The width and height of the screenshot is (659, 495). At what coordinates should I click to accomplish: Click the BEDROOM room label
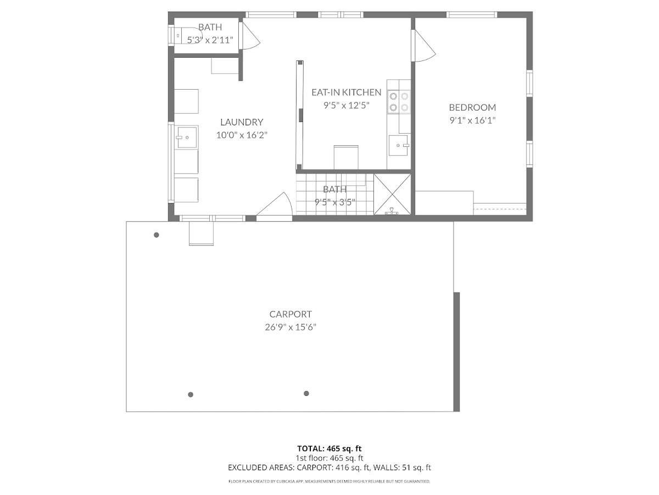coord(472,107)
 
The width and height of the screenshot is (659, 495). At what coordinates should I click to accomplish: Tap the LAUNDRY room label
coord(242,122)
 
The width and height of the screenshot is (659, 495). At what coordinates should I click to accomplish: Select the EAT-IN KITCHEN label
coord(346,92)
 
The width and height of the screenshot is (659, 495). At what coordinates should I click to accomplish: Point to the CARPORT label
coord(291,314)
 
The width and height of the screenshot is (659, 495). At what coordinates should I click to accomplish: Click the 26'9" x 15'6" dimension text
coord(291,327)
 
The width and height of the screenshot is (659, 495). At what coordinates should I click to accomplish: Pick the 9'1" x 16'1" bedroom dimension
coord(472,120)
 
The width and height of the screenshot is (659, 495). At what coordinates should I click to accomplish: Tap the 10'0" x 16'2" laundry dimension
coord(242,135)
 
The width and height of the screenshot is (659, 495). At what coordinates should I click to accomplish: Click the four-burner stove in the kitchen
coord(399,102)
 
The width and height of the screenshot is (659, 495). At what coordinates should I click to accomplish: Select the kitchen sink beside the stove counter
coord(399,145)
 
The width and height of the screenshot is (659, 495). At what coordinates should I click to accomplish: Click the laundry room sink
coord(186,137)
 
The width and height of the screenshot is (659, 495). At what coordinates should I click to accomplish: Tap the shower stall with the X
coord(392,195)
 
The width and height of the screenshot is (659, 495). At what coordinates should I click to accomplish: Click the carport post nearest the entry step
coord(157,235)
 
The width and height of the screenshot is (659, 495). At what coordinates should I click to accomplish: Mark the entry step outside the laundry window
coord(201,234)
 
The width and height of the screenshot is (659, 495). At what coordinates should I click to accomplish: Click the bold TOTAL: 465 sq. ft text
coord(329,449)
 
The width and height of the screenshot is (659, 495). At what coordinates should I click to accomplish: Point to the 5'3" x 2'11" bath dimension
coord(210,40)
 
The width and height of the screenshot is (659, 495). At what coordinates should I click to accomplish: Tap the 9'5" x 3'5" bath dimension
coord(335,202)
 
